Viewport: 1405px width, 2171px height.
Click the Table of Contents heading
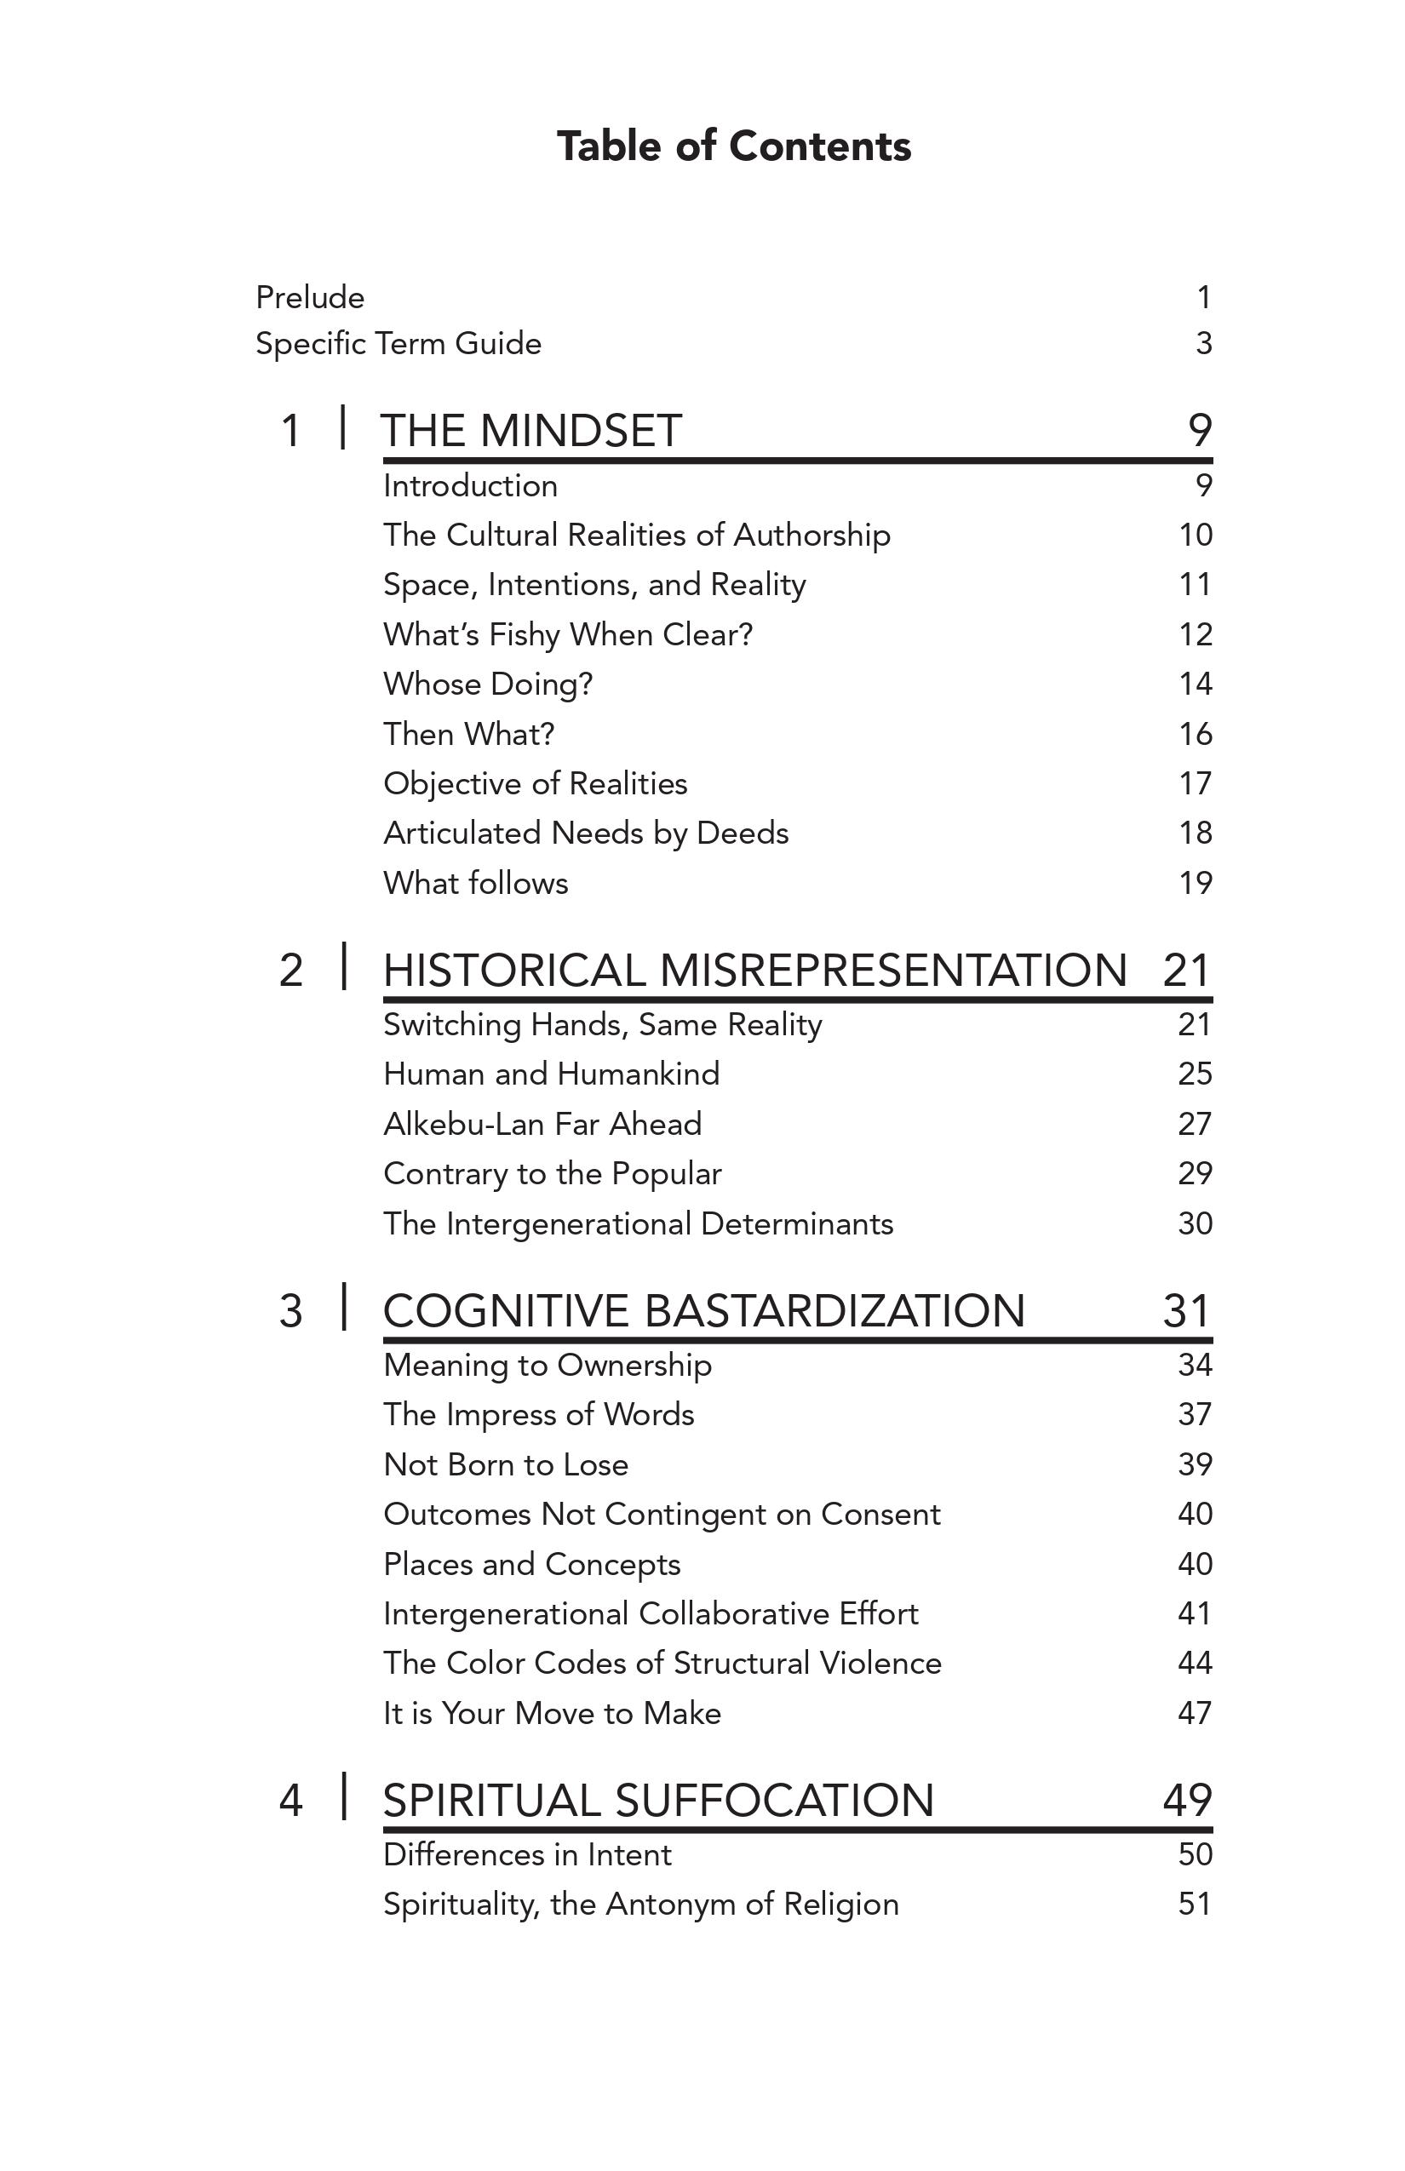coord(733,146)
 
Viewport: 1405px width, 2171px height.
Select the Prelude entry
coord(310,297)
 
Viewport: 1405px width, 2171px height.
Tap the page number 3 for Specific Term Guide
coord(1203,344)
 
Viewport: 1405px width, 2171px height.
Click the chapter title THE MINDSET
coord(531,431)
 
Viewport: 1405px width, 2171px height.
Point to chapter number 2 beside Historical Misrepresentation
coord(290,970)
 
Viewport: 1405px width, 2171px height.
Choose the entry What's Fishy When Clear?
coord(567,635)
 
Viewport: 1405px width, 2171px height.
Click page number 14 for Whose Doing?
coord(1194,685)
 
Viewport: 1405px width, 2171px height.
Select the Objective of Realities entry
coord(535,783)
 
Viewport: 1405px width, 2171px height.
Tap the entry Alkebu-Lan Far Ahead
coord(542,1124)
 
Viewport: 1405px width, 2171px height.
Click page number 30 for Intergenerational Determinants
coord(1194,1223)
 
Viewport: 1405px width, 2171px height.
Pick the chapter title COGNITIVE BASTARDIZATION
coord(703,1311)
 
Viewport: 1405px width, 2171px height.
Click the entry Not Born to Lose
coord(506,1465)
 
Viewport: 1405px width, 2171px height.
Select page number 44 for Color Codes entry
coord(1194,1663)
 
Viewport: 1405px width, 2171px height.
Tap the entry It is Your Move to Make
coord(552,1713)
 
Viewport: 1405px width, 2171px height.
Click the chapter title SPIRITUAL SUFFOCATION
coord(657,1801)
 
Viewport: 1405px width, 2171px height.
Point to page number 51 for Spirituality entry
coord(1194,1904)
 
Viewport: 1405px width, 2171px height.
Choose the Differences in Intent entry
coord(526,1854)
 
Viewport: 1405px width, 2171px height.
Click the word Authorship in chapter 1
coord(811,536)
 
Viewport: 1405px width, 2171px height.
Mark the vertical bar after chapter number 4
coord(344,1796)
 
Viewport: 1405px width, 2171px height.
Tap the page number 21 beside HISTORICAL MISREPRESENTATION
coord(1186,970)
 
